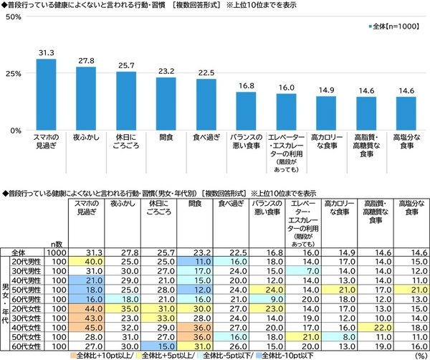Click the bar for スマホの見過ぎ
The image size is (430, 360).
[x=46, y=94]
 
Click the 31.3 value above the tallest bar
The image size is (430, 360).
[x=46, y=52]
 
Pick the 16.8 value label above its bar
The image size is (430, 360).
[x=246, y=85]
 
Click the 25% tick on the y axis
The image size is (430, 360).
[x=12, y=73]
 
